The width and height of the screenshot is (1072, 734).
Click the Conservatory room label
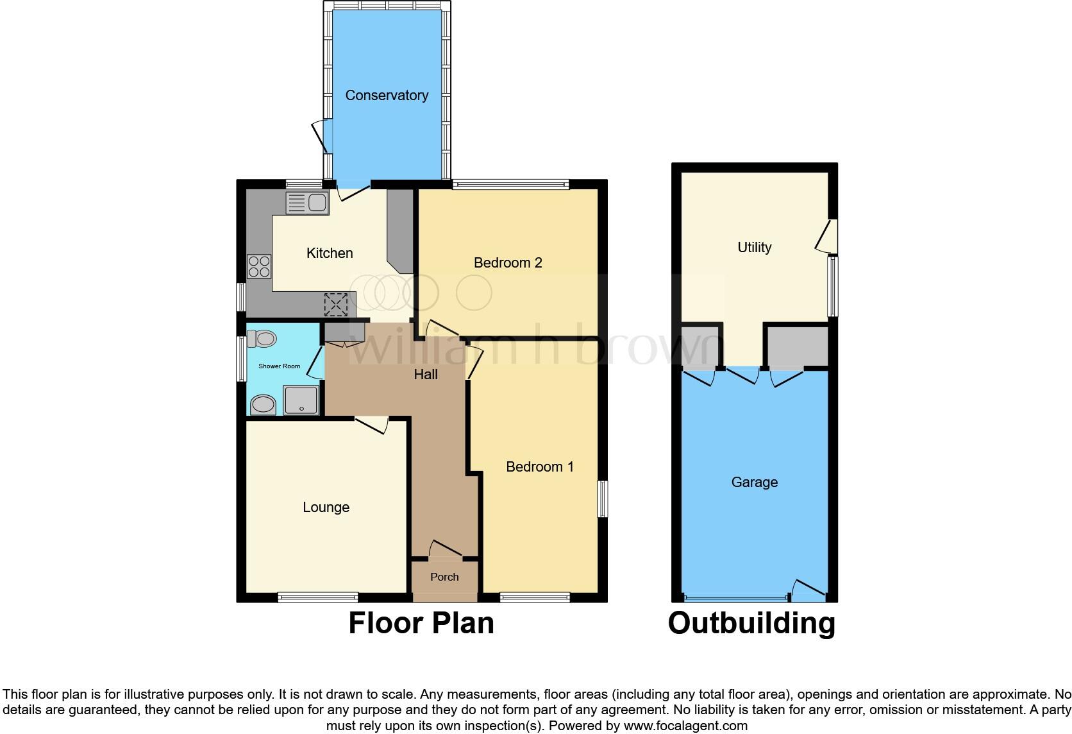[x=387, y=96]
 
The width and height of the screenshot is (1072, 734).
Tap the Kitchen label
[x=330, y=253]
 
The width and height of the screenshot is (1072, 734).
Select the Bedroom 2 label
[x=508, y=263]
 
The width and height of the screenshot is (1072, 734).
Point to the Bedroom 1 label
[x=540, y=467]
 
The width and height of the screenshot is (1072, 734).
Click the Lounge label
[x=326, y=508]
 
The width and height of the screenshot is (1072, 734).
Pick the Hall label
[x=426, y=375]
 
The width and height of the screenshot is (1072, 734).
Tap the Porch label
[x=444, y=577]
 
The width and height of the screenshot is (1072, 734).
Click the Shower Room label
[x=279, y=366]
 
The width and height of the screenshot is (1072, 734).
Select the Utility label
[x=754, y=248]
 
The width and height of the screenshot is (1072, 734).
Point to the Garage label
[x=754, y=482]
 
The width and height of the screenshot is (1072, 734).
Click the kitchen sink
[x=308, y=203]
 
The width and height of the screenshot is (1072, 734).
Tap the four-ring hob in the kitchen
[x=259, y=266]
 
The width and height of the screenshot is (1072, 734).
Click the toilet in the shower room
[x=261, y=338]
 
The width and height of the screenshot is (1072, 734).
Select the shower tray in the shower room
[x=301, y=400]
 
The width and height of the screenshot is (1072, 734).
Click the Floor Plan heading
[x=421, y=624]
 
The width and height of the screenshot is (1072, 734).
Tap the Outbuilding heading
[x=751, y=624]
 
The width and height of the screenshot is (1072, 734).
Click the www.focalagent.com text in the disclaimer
[x=685, y=726]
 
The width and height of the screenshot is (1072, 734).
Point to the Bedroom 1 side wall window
[x=603, y=499]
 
